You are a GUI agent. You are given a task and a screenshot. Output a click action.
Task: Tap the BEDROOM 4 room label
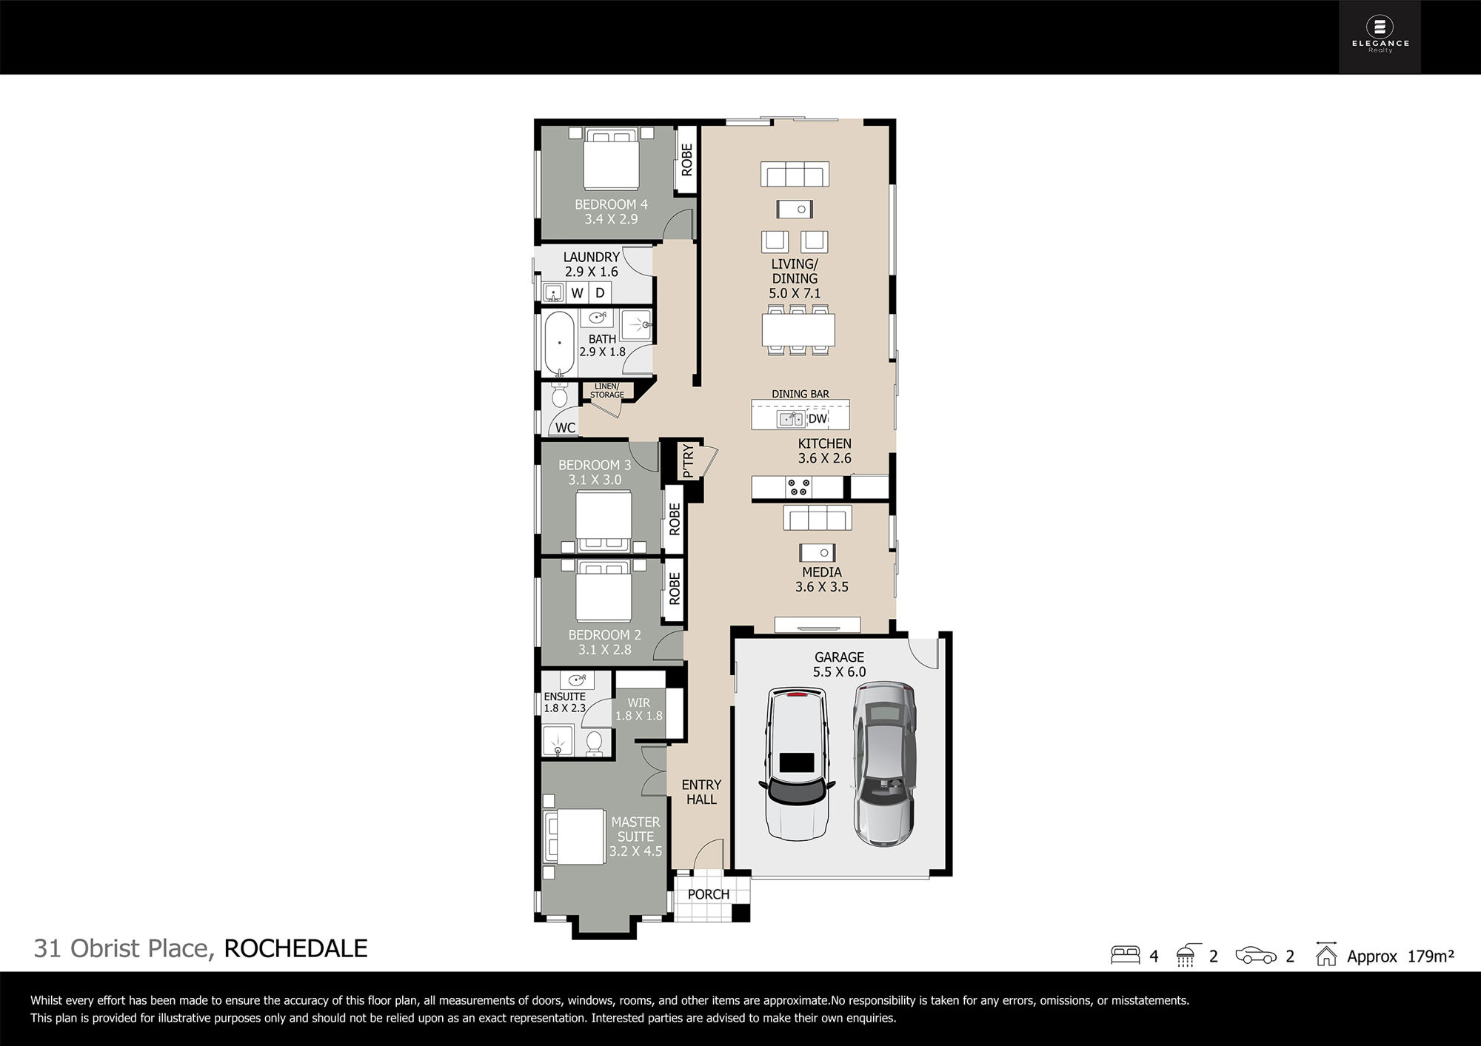click(x=611, y=204)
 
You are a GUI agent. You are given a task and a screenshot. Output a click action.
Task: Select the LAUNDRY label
click(x=591, y=257)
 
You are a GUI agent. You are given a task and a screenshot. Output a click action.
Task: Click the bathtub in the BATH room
click(x=559, y=343)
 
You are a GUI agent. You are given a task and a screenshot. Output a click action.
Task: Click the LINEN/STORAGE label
click(x=607, y=390)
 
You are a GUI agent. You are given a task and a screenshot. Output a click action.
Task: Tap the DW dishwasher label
click(x=818, y=419)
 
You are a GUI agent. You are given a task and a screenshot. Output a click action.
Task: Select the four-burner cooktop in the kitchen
click(x=799, y=487)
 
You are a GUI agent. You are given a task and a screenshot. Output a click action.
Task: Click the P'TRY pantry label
click(x=688, y=460)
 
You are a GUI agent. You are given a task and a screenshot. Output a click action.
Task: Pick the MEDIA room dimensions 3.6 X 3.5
click(x=822, y=587)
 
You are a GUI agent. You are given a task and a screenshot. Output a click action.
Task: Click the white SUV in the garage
click(x=796, y=764)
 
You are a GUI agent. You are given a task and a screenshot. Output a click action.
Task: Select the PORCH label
click(x=709, y=894)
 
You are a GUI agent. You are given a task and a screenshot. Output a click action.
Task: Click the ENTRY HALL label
click(x=701, y=792)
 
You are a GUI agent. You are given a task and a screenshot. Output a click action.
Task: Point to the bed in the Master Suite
click(x=575, y=837)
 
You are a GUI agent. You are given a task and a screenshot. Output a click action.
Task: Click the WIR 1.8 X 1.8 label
click(x=639, y=709)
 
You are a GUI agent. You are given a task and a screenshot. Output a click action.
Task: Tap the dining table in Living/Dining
click(x=798, y=329)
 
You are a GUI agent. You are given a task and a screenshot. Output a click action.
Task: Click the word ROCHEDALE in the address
click(x=295, y=948)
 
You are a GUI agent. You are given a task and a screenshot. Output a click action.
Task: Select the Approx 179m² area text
click(x=1400, y=956)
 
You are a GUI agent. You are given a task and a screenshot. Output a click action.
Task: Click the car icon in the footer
click(x=1256, y=956)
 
